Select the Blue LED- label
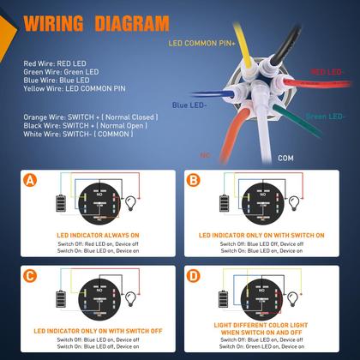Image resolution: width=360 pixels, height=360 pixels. (x=189, y=105)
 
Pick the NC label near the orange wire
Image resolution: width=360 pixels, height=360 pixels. (x=181, y=155)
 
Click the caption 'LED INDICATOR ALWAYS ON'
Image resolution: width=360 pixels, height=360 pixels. (x=98, y=234)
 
